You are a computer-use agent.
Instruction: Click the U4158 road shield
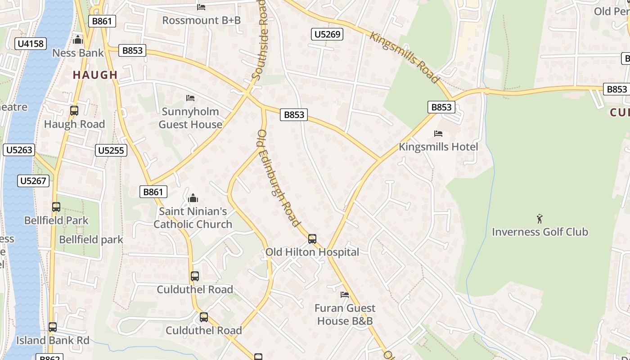[x=31, y=44]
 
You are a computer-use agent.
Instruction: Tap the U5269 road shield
[x=328, y=34]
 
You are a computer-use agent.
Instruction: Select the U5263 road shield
[x=18, y=150]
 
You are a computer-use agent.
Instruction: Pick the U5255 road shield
[x=111, y=150]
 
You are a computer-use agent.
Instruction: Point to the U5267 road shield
[x=33, y=181]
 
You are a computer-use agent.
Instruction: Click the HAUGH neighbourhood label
[x=95, y=75]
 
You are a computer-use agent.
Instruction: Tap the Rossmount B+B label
[x=201, y=20]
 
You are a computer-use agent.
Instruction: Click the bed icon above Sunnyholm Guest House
[x=190, y=98]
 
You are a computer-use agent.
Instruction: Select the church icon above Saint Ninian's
[x=193, y=198]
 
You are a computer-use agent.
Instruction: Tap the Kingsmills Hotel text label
[x=438, y=147]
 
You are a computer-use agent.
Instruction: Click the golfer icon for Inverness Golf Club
[x=540, y=219]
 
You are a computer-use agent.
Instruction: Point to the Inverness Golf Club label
[x=540, y=232]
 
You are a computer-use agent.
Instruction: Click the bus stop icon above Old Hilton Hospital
[x=312, y=239]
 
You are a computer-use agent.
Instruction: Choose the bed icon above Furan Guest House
[x=345, y=295]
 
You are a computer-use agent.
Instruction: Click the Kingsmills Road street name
[x=404, y=57]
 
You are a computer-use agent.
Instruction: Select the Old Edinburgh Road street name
[x=278, y=178]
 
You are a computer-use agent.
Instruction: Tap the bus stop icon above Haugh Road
[x=74, y=111]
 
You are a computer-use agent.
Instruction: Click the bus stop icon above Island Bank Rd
[x=53, y=327]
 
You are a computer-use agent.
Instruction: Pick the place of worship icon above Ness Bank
[x=78, y=40]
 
